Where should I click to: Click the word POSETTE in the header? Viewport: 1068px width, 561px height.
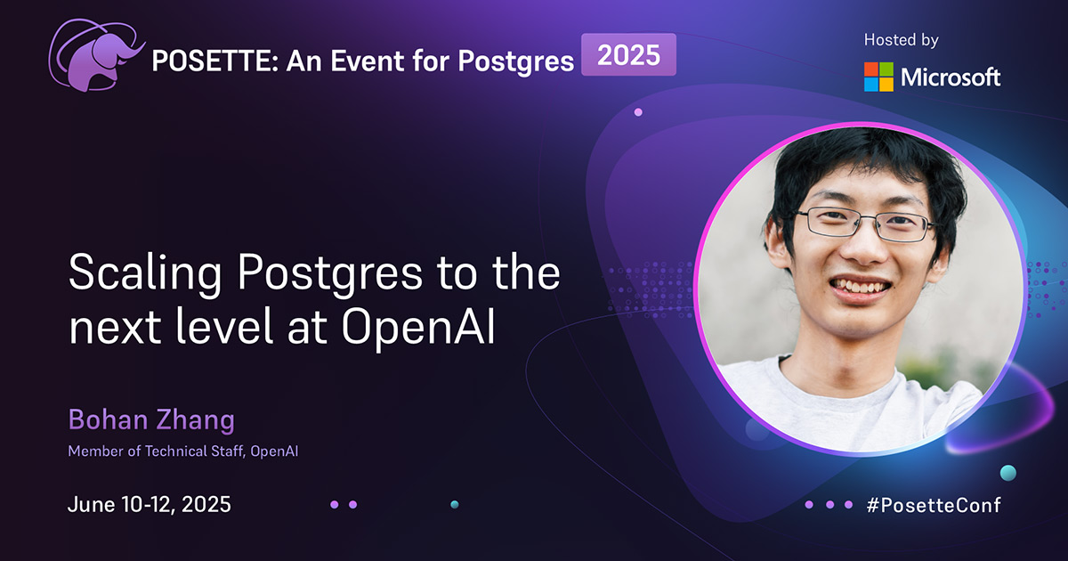(200, 61)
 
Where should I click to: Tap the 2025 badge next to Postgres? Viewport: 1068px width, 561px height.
(628, 55)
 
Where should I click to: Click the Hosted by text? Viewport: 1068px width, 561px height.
(901, 40)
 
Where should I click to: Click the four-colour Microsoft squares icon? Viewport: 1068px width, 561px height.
(878, 77)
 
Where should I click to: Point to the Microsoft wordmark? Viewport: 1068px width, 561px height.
(951, 77)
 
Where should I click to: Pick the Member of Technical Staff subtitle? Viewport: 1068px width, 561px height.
(182, 451)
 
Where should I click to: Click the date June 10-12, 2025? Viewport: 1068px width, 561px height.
(150, 504)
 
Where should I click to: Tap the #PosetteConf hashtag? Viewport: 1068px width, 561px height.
(933, 505)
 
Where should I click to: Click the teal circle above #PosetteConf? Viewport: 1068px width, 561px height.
(1007, 472)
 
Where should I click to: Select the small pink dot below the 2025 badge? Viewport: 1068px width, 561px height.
(638, 112)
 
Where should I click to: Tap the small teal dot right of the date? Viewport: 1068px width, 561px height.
(455, 504)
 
